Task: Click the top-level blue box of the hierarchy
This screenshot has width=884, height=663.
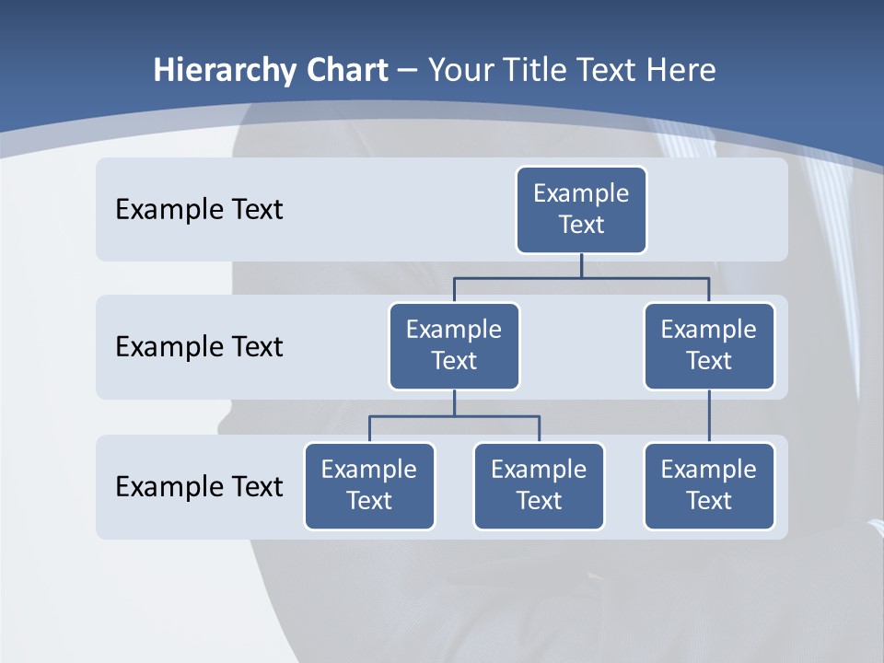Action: (581, 209)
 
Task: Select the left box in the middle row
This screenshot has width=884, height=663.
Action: (454, 345)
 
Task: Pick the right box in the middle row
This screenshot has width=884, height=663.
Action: (709, 345)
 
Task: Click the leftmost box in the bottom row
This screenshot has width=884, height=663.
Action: (369, 485)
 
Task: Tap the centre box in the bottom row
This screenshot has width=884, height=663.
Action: (539, 485)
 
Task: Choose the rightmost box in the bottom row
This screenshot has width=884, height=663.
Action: (709, 485)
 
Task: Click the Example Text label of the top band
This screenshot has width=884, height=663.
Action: (199, 210)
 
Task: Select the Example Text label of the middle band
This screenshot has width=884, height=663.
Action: (199, 347)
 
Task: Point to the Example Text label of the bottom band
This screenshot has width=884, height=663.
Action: (199, 486)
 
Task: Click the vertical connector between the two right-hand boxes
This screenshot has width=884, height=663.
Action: (709, 416)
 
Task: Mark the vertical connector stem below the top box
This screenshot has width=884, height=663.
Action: (581, 265)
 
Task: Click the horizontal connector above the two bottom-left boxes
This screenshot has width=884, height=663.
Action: (454, 416)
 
